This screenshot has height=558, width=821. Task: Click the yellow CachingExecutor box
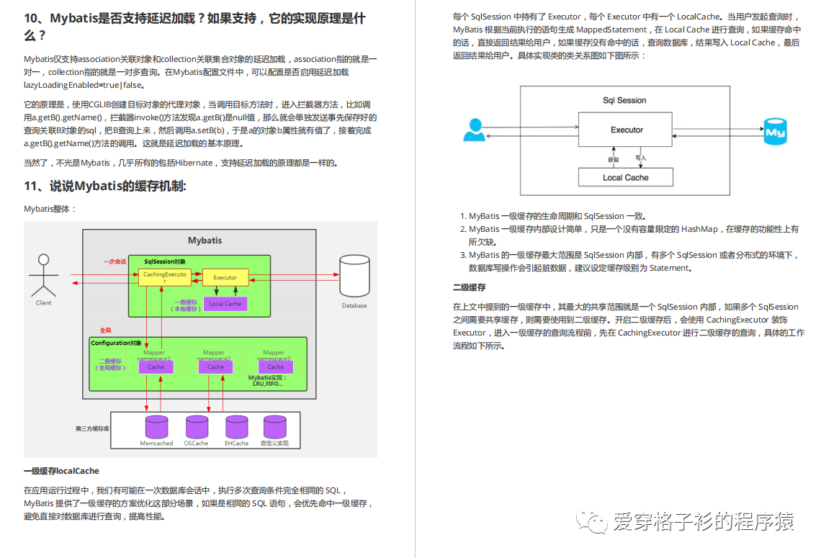pyautogui.click(x=164, y=277)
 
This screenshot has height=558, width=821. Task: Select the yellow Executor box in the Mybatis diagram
pyautogui.click(x=225, y=277)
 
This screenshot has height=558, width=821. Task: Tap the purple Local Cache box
pyautogui.click(x=225, y=304)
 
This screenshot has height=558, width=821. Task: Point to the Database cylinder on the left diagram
pyautogui.click(x=354, y=276)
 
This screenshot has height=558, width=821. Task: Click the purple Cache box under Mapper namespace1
pyautogui.click(x=156, y=366)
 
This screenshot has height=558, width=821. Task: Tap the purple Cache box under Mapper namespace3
pyautogui.click(x=275, y=366)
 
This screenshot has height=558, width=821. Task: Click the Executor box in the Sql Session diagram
pyautogui.click(x=627, y=130)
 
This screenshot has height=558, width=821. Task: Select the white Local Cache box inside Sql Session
pyautogui.click(x=625, y=177)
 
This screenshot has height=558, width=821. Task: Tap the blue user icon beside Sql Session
pyautogui.click(x=474, y=130)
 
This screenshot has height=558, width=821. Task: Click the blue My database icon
pyautogui.click(x=775, y=132)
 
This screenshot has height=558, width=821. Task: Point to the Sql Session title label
pyautogui.click(x=624, y=101)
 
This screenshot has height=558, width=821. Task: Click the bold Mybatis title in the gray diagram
pyautogui.click(x=205, y=240)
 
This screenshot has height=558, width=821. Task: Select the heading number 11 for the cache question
pyautogui.click(x=32, y=186)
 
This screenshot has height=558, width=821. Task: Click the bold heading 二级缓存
pyautogui.click(x=469, y=287)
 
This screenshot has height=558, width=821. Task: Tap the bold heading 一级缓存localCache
pyautogui.click(x=61, y=471)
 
